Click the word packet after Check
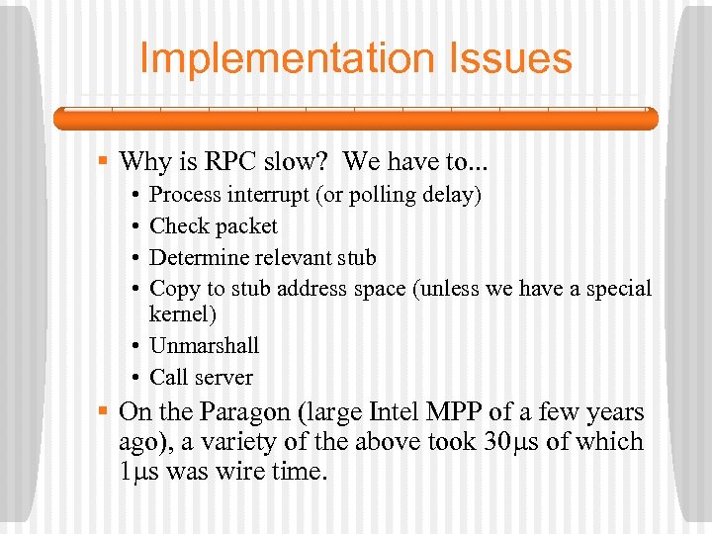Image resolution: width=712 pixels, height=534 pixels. pos(245,226)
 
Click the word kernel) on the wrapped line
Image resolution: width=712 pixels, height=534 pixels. pos(182,313)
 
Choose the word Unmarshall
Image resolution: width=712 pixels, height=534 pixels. pos(204,346)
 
